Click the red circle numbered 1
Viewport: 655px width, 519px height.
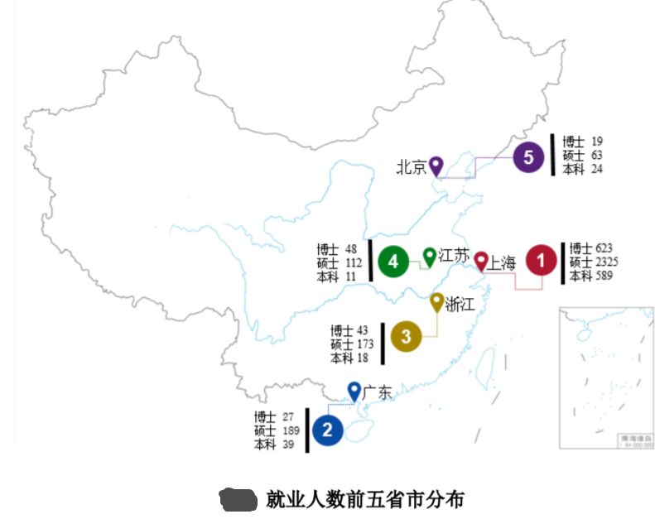541,262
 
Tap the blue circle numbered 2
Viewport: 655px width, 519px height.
328,430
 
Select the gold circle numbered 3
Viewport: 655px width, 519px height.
406,337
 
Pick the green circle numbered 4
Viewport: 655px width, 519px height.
393,262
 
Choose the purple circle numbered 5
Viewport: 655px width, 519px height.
528,157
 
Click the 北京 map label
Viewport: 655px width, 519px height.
411,167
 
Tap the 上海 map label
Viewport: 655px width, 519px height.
502,263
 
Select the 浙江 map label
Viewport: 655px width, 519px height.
460,304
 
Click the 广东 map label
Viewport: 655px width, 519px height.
378,392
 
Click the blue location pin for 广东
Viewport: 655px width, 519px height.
354,390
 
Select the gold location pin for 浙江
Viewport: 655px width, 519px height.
437,302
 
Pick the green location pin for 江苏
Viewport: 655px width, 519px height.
430,256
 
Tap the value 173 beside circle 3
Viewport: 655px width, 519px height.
364,344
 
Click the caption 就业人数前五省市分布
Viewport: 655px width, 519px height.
364,499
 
